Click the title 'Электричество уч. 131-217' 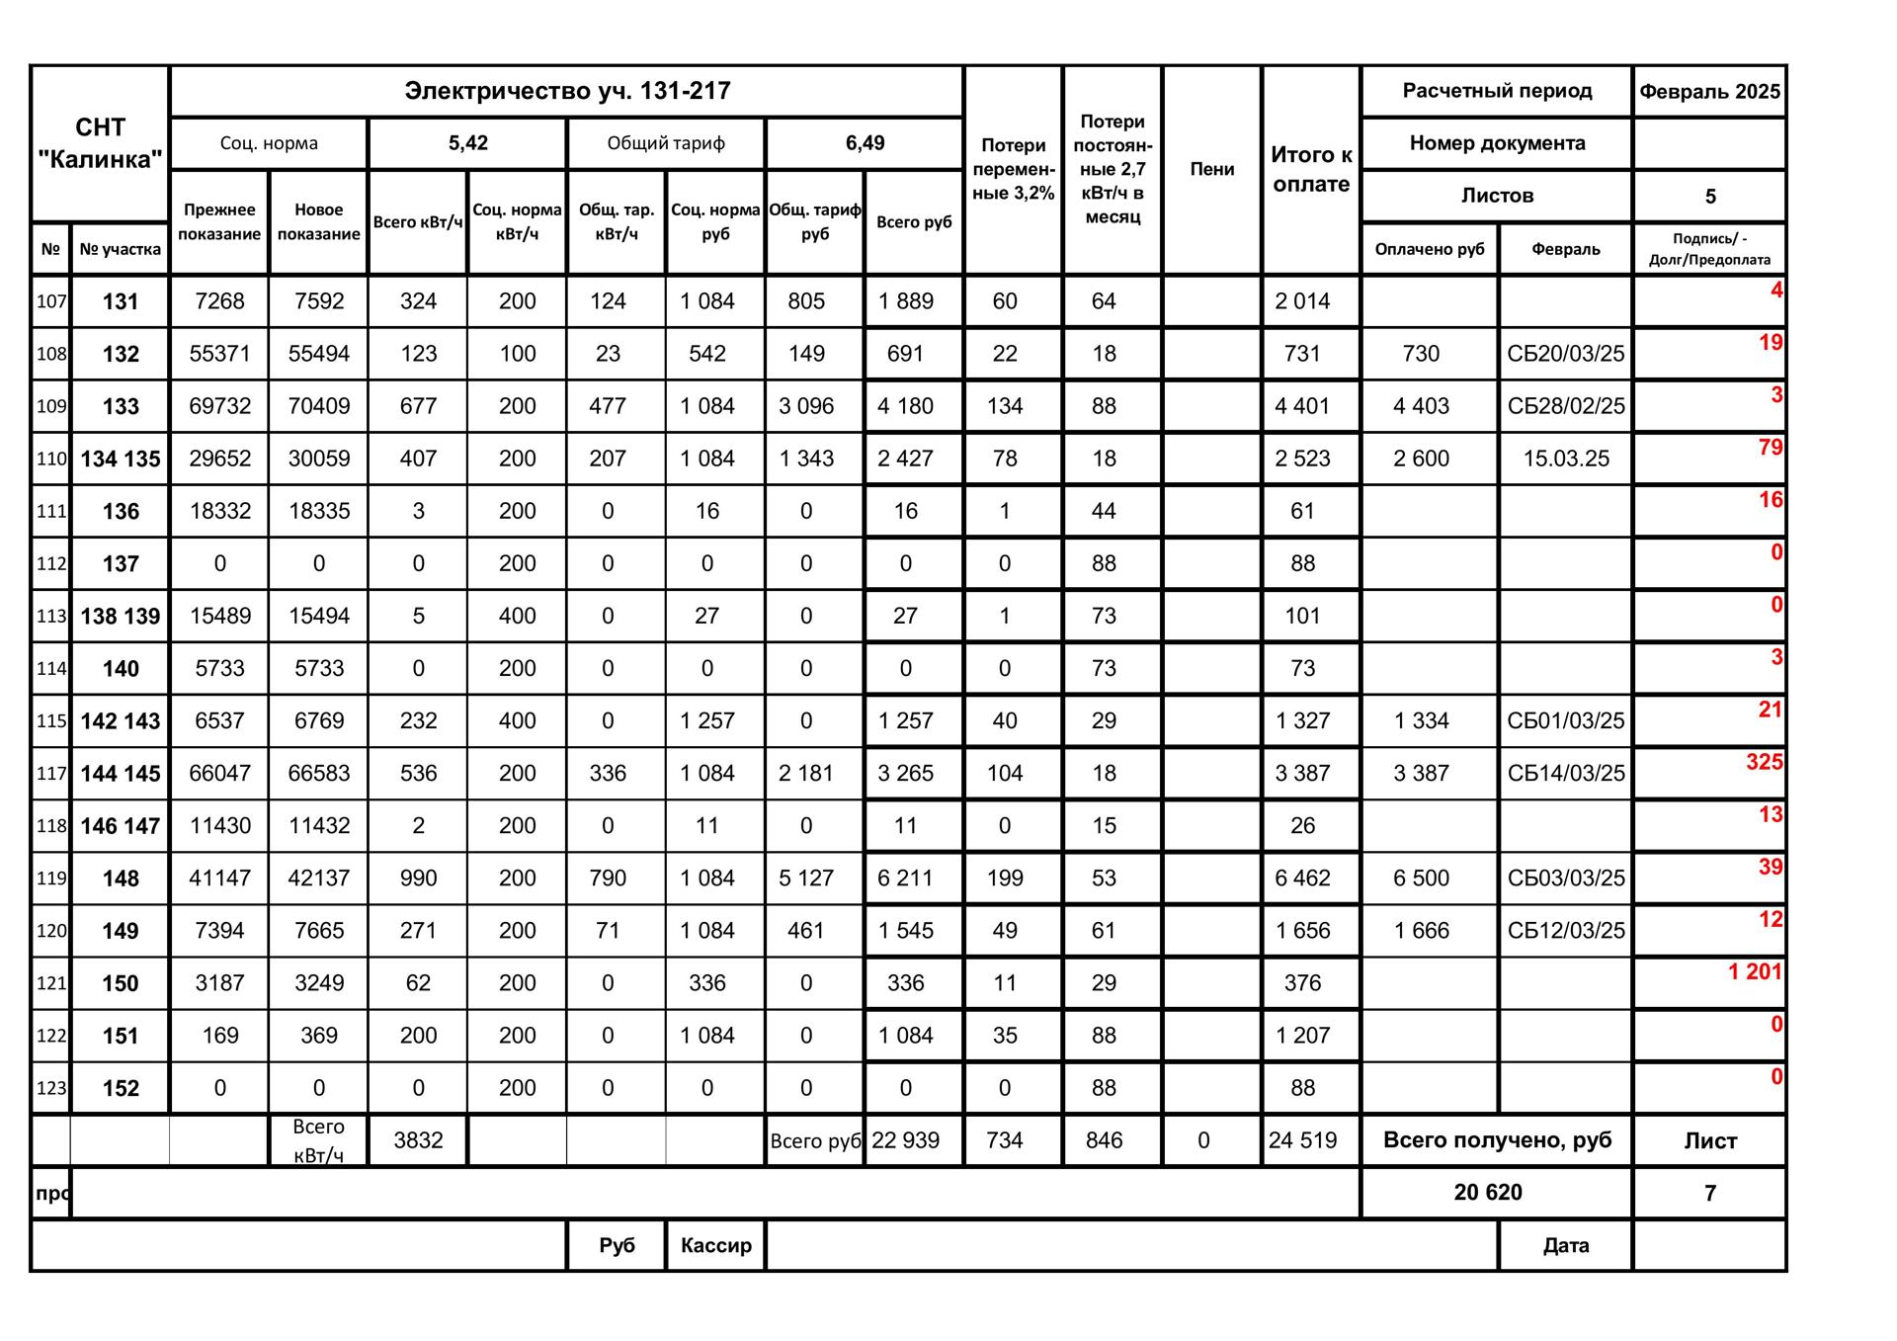pyautogui.click(x=567, y=91)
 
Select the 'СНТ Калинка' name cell pyautogui.click(x=100, y=143)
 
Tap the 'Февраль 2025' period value pyautogui.click(x=1709, y=92)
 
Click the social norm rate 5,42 pyautogui.click(x=467, y=143)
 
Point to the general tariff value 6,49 pyautogui.click(x=865, y=143)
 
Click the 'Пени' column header pyautogui.click(x=1211, y=169)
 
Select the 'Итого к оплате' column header pyautogui.click(x=1310, y=169)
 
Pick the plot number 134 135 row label pyautogui.click(x=120, y=459)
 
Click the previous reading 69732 pyautogui.click(x=219, y=406)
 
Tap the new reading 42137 pyautogui.click(x=318, y=879)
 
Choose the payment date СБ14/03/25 pyautogui.click(x=1565, y=774)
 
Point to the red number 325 pyautogui.click(x=1764, y=762)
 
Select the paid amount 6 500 pyautogui.click(x=1421, y=879)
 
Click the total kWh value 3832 pyautogui.click(x=418, y=1140)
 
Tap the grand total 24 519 pyautogui.click(x=1302, y=1140)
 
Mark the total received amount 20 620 pyautogui.click(x=1488, y=1193)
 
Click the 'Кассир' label pyautogui.click(x=715, y=1245)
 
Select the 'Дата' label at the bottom pyautogui.click(x=1565, y=1245)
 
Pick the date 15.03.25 pyautogui.click(x=1565, y=459)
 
